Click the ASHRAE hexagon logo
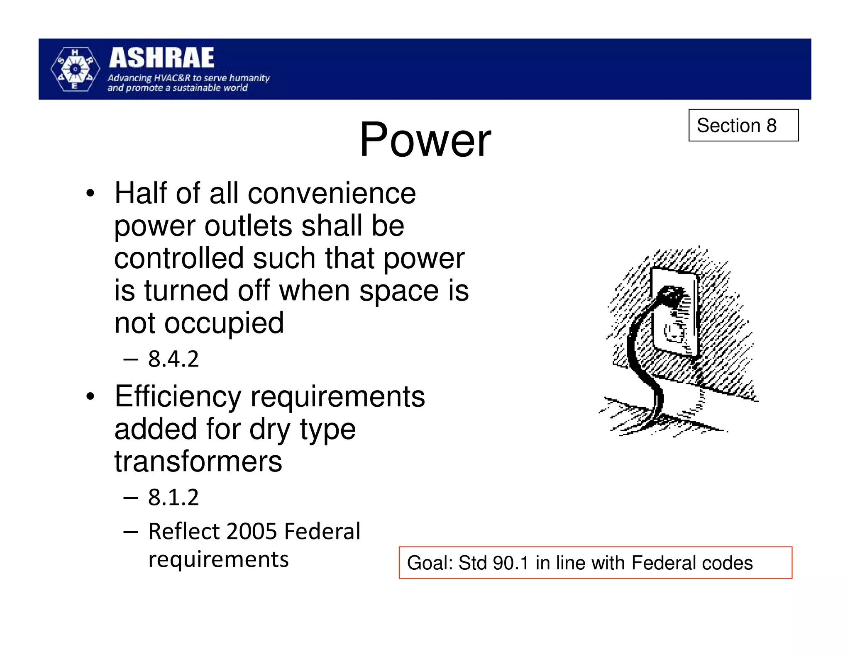(75, 69)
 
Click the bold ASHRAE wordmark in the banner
(161, 58)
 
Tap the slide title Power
(425, 140)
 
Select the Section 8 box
(743, 125)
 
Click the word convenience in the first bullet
(332, 194)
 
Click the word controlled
(179, 258)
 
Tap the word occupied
(224, 323)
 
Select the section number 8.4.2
(173, 359)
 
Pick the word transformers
(198, 462)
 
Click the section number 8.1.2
(173, 497)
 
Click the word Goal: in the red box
(430, 563)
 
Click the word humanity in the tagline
(249, 78)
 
